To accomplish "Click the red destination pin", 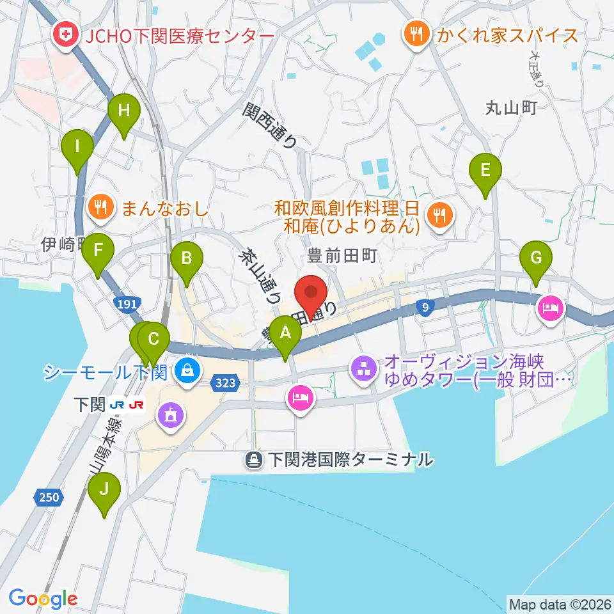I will point(311,294).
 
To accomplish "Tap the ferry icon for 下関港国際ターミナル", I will point(255,459).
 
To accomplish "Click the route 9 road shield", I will point(425,309).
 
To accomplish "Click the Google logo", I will point(43,599).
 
